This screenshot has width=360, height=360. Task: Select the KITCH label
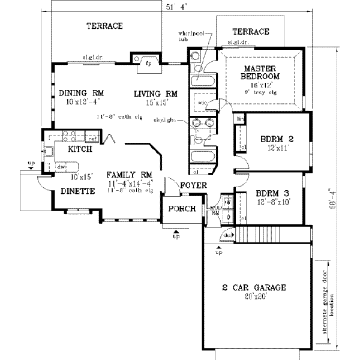[80, 149]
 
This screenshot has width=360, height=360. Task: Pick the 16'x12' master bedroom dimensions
[260, 86]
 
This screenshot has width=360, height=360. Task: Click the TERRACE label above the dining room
[104, 26]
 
